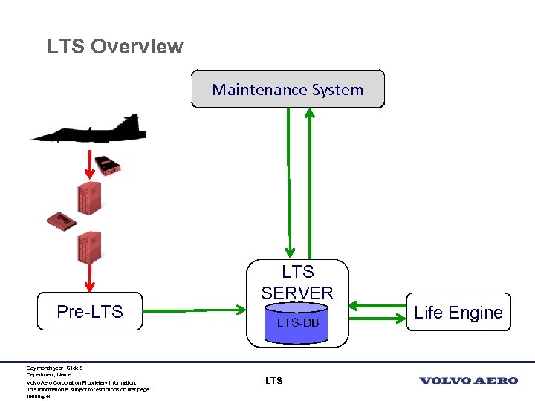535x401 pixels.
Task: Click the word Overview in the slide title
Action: coord(137,46)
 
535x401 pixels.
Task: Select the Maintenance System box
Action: coord(288,89)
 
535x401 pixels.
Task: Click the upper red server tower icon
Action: coord(88,198)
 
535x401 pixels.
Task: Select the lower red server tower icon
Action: coord(88,247)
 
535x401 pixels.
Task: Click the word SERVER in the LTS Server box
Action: coord(297,293)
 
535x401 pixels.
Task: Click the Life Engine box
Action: coord(458,313)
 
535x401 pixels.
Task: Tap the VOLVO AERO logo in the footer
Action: coord(468,381)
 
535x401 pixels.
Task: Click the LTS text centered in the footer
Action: coord(273,381)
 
